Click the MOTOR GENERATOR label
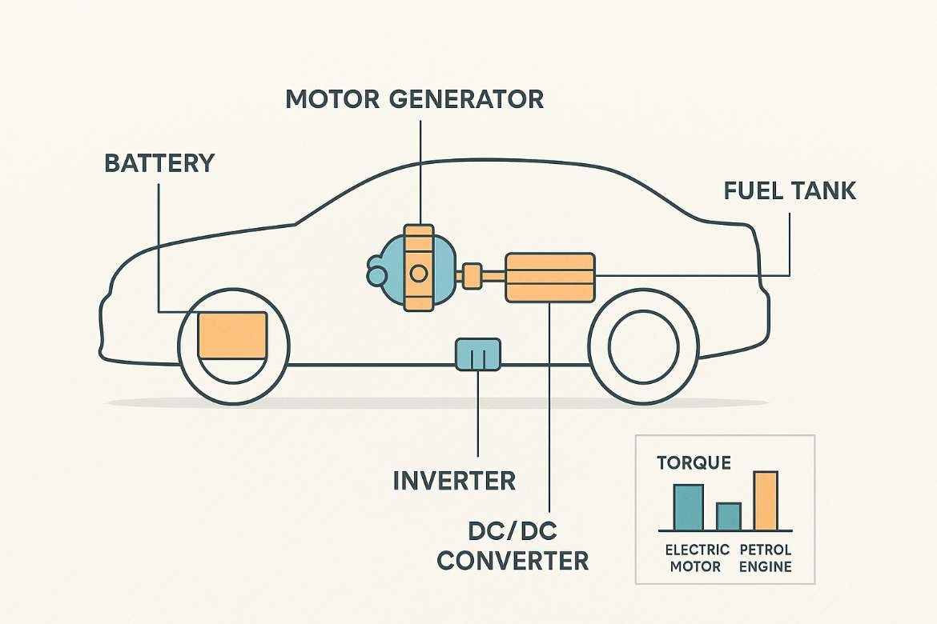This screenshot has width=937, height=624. point(414,99)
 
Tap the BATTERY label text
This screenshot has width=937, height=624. point(159,163)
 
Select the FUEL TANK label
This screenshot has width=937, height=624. point(790,191)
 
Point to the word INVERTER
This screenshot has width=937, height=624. point(454,481)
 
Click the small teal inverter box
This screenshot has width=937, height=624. point(478,354)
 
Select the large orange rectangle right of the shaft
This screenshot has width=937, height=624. point(551,277)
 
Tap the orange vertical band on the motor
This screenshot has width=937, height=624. point(417,268)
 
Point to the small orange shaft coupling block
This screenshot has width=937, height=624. point(471,275)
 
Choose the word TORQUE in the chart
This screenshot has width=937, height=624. point(694,463)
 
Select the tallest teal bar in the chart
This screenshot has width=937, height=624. point(688,507)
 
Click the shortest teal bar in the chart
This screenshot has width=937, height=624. point(728,516)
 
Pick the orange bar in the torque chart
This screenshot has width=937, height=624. point(766,501)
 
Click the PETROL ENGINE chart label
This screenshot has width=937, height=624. point(766,558)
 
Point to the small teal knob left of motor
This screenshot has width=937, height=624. point(376,276)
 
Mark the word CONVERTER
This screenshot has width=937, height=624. point(513,559)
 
